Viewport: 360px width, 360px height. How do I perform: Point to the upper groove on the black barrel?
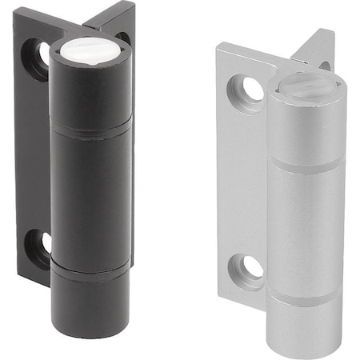90,129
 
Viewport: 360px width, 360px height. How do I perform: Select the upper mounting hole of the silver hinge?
250,89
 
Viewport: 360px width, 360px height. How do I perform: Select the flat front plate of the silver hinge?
240,176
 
